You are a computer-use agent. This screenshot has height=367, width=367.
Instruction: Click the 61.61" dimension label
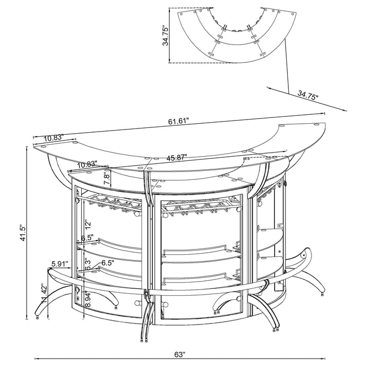(179, 122)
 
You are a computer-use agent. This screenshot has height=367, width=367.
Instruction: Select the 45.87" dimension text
(178, 157)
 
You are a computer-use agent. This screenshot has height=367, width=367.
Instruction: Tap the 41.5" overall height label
(20, 232)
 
